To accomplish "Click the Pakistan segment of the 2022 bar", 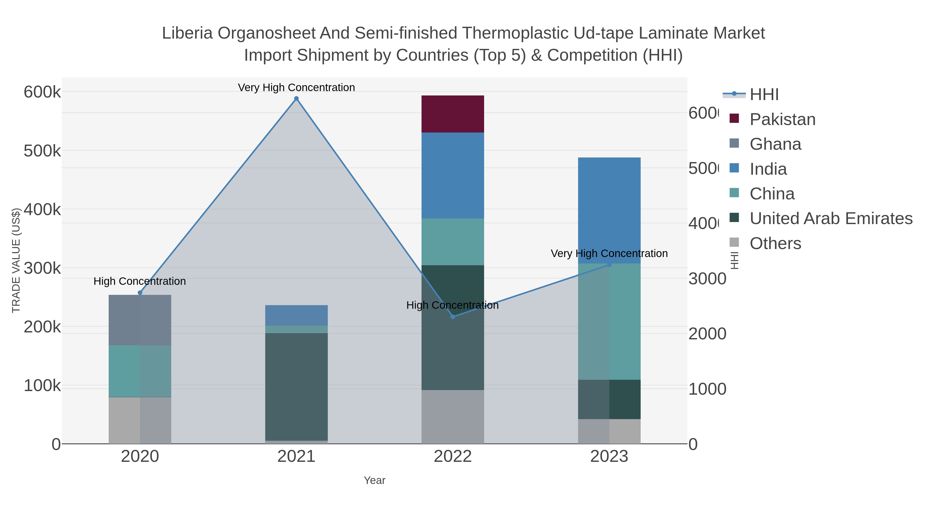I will click(x=452, y=114).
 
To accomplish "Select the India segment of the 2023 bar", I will click(x=609, y=210).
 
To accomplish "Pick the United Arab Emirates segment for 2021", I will click(x=296, y=386).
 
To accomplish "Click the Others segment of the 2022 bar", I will click(x=452, y=417).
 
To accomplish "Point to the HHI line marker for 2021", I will click(x=296, y=99).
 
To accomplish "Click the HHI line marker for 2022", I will click(x=453, y=317).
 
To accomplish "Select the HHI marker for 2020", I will click(x=140, y=293).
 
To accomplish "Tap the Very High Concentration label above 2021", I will click(x=296, y=87).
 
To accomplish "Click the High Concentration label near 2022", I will click(x=452, y=305).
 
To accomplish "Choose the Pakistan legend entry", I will click(x=782, y=119).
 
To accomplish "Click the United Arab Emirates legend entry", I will click(x=830, y=218).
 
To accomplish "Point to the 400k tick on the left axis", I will click(x=42, y=209).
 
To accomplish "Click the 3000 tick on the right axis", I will click(x=707, y=279).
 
